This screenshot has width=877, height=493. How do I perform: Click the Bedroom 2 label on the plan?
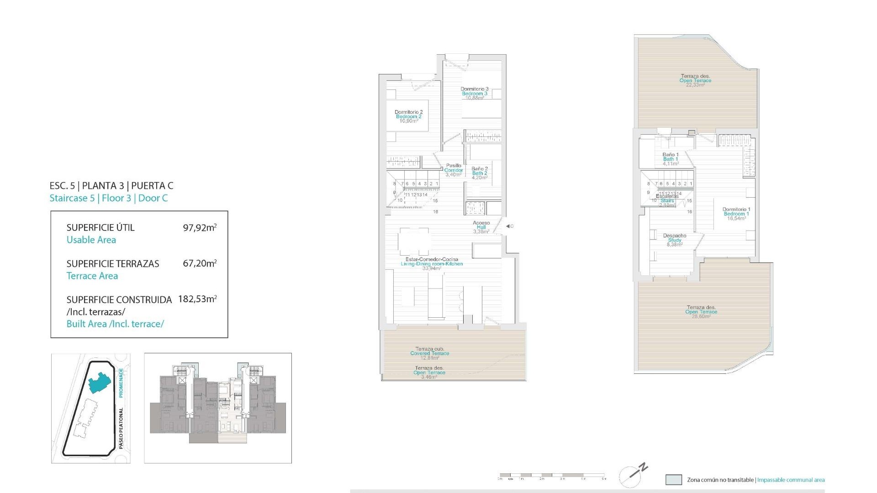click(409, 116)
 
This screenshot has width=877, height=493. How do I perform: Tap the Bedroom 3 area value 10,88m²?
click(475, 98)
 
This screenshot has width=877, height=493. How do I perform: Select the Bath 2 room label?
click(480, 173)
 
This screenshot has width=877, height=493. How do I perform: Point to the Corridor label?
click(454, 170)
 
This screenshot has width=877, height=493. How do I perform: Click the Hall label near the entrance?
click(481, 227)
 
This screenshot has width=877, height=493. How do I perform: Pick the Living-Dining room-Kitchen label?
click(432, 264)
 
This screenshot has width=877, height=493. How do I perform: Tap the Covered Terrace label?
click(429, 353)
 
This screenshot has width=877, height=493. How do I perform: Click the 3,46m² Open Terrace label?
click(429, 372)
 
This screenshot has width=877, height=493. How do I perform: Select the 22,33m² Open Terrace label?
click(695, 81)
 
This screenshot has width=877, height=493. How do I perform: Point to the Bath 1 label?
click(671, 159)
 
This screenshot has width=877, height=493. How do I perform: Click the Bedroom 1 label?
click(736, 214)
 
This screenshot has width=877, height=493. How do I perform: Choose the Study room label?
click(675, 240)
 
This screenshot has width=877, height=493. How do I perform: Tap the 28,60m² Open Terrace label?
click(701, 312)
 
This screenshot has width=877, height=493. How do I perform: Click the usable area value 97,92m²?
click(200, 227)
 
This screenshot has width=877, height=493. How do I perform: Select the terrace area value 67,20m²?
click(200, 263)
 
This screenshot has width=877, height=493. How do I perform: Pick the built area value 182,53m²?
click(197, 299)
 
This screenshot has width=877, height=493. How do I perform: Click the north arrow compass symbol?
click(633, 476)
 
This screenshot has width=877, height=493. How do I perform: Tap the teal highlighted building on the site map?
click(100, 382)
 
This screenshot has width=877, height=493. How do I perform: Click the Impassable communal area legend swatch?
click(674, 480)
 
